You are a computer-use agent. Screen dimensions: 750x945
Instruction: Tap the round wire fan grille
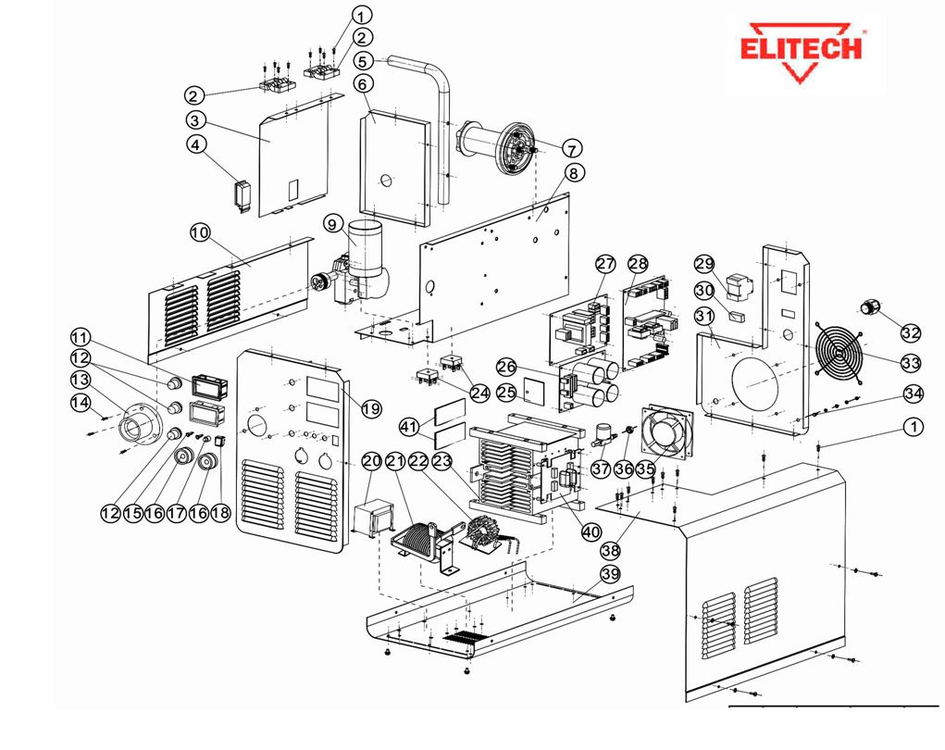pyautogui.click(x=840, y=354)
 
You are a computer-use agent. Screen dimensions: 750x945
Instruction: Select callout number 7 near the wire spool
pyautogui.click(x=570, y=149)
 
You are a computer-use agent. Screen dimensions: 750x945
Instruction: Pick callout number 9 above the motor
pyautogui.click(x=334, y=223)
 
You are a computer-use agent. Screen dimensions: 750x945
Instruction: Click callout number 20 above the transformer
pyautogui.click(x=372, y=460)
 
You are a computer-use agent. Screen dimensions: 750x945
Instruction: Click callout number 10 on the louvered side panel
pyautogui.click(x=200, y=232)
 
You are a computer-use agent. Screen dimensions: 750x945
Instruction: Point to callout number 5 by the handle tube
pyautogui.click(x=362, y=60)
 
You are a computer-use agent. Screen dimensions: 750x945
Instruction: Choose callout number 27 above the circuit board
pyautogui.click(x=605, y=263)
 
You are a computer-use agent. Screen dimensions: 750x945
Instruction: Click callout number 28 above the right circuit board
pyautogui.click(x=638, y=263)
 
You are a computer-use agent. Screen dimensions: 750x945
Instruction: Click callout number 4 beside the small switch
pyautogui.click(x=195, y=144)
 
